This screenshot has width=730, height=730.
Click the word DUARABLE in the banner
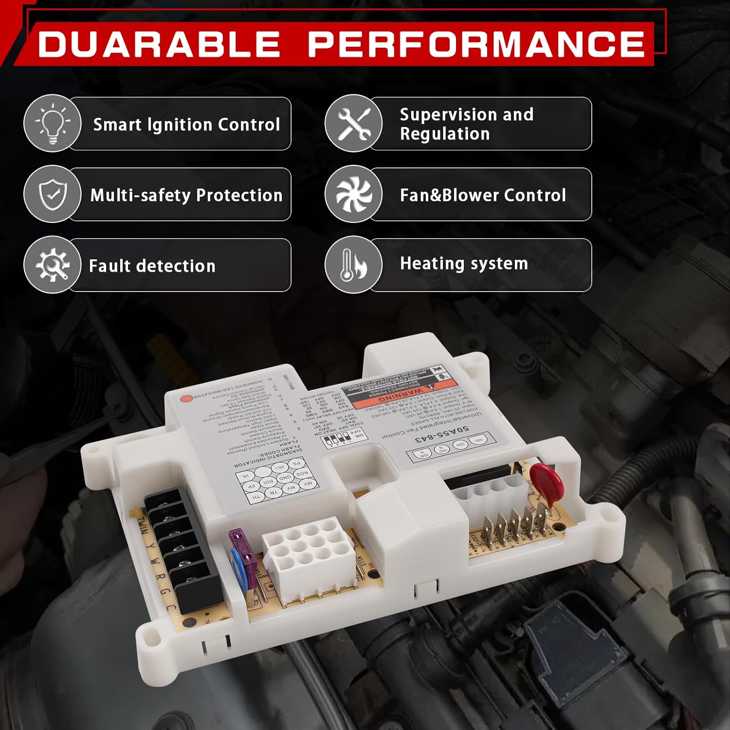tap(159, 44)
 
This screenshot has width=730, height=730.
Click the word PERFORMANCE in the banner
tap(476, 44)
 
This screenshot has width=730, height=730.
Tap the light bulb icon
tap(53, 124)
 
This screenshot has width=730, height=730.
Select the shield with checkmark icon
tap(53, 194)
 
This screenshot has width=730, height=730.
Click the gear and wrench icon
tap(53, 265)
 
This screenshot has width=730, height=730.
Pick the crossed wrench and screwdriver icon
tap(354, 124)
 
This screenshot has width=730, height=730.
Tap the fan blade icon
tap(354, 194)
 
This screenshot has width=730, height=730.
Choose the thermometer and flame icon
tap(354, 265)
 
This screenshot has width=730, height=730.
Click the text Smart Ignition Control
tap(186, 125)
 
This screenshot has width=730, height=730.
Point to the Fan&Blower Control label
tap(483, 195)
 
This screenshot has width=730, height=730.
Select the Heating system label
tap(464, 263)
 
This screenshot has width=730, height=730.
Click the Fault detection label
tap(152, 266)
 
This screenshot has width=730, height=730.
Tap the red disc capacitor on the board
tap(546, 479)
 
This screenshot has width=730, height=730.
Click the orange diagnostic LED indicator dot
tap(185, 398)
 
